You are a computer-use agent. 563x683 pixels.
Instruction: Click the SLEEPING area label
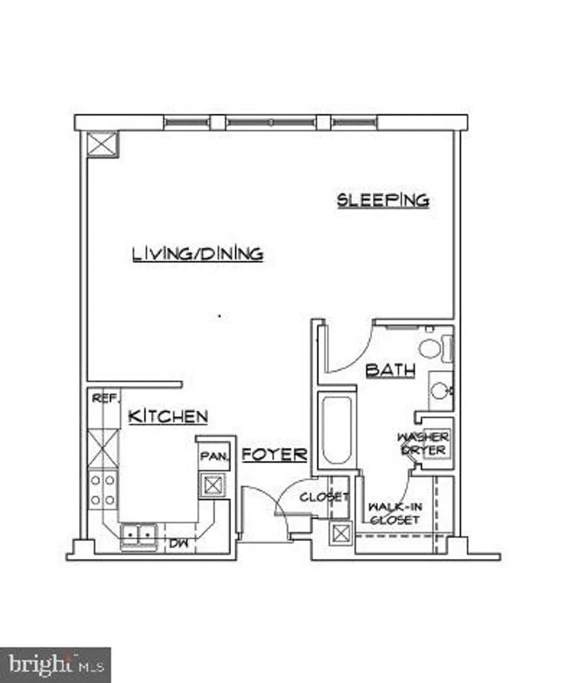pyautogui.click(x=383, y=200)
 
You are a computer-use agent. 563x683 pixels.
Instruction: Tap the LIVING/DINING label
pyautogui.click(x=198, y=254)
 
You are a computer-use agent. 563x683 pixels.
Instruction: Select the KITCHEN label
pyautogui.click(x=168, y=416)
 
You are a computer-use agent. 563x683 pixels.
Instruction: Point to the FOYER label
pyautogui.click(x=274, y=454)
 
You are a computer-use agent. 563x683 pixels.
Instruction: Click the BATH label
pyautogui.click(x=391, y=370)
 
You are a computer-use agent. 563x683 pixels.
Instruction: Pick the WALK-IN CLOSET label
pyautogui.click(x=395, y=513)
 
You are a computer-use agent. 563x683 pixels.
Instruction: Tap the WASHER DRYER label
pyautogui.click(x=423, y=443)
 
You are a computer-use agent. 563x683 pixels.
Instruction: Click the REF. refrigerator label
pyautogui.click(x=105, y=398)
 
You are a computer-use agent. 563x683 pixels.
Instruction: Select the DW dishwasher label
pyautogui.click(x=178, y=543)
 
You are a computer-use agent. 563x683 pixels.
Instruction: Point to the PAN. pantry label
pyautogui.click(x=214, y=456)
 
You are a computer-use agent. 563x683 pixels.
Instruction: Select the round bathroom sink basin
pyautogui.click(x=441, y=391)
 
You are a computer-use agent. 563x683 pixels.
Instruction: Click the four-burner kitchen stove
pyautogui.click(x=103, y=490)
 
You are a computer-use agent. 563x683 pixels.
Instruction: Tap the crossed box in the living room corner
pyautogui.click(x=102, y=144)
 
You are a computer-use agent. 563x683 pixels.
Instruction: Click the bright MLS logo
pyautogui.click(x=55, y=665)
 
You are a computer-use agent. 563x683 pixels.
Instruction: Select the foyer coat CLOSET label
pyautogui.click(x=324, y=497)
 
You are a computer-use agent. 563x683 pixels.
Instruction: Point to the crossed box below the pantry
pyautogui.click(x=212, y=485)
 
